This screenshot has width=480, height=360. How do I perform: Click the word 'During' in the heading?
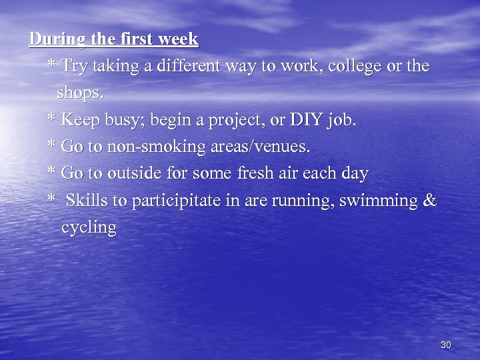pos(57,39)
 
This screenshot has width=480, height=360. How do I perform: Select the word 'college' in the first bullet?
pos(356,67)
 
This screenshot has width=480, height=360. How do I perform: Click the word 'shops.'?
pos(81,93)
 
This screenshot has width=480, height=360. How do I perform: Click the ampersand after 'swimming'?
pos(430,201)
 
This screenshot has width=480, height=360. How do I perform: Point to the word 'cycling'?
pos(89,228)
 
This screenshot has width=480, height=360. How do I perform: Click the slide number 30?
pos(446,345)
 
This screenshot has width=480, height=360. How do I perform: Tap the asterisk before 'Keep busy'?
pos(51,119)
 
